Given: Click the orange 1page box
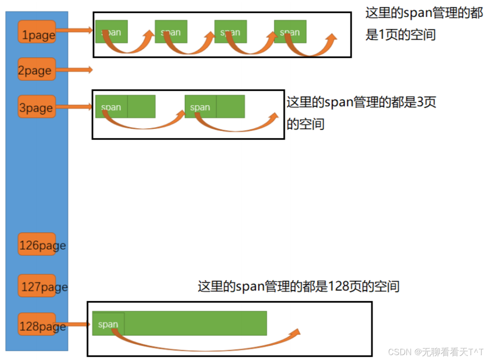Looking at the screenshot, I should (37, 32).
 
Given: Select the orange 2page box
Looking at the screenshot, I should (37, 69).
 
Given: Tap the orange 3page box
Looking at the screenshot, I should (37, 106).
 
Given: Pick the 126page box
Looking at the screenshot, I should (37, 244).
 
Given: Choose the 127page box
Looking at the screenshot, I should (37, 285).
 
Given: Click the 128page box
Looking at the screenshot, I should (37, 324).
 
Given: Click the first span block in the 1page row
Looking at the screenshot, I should (112, 32).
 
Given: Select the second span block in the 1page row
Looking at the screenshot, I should (171, 32).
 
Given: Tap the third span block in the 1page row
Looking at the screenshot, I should (231, 32).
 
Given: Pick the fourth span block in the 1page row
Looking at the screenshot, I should (290, 32).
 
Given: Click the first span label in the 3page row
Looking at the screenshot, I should (111, 107).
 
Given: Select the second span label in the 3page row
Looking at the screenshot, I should (200, 107).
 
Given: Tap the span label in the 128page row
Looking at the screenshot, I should (108, 324).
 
